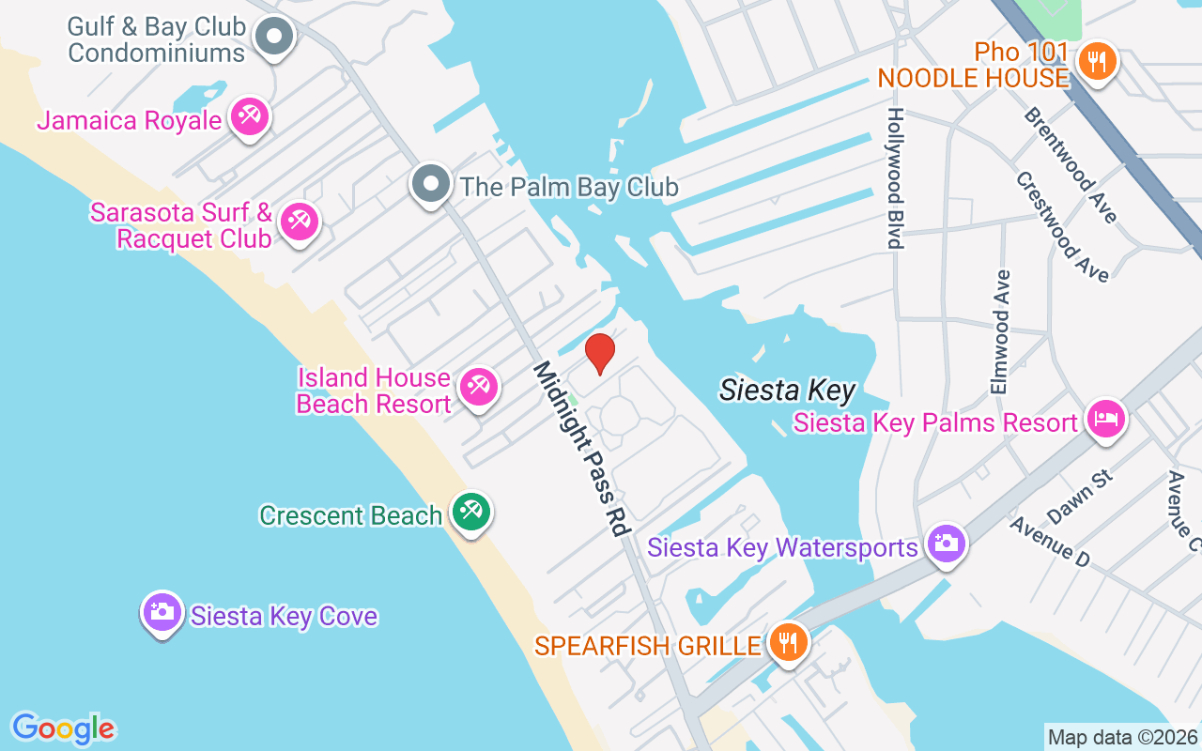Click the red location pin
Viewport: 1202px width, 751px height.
click(599, 353)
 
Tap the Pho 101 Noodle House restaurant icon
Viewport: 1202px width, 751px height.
click(1095, 62)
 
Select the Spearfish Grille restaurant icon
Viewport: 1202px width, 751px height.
click(789, 643)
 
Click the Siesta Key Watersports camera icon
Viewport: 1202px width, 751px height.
click(946, 543)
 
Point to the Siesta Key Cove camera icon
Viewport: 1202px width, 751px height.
click(162, 612)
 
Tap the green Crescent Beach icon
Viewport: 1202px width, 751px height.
click(470, 512)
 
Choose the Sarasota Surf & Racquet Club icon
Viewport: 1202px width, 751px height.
click(300, 222)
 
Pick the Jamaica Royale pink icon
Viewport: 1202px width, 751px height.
click(250, 117)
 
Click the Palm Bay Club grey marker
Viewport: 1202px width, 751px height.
click(431, 184)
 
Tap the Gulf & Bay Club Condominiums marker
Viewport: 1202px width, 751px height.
click(275, 37)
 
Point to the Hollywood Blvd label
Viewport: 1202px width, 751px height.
click(895, 178)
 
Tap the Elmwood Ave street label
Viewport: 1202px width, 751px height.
click(1000, 331)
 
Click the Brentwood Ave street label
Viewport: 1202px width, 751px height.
click(1071, 165)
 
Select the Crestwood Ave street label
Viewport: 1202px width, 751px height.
click(1062, 226)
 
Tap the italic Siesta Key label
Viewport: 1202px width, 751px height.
click(787, 391)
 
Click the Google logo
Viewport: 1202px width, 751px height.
click(63, 728)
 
